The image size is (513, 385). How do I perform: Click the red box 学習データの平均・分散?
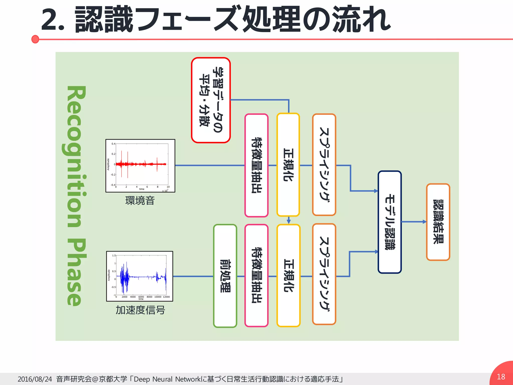tap(211, 100)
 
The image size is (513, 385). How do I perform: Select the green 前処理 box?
tap(225, 276)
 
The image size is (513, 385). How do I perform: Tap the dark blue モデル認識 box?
tap(390, 222)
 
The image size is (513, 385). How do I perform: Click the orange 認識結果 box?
tap(438, 222)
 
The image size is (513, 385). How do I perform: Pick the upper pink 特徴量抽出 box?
tap(256, 165)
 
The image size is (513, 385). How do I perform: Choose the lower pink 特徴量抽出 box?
tap(256, 275)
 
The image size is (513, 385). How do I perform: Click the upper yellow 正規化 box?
tap(288, 165)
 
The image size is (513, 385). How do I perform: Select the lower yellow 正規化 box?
tap(288, 275)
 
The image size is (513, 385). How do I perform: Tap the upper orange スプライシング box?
tap(324, 165)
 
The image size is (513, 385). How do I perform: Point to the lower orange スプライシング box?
tap(324, 274)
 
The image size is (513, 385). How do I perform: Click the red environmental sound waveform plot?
tap(140, 166)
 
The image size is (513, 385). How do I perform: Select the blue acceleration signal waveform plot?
tap(140, 276)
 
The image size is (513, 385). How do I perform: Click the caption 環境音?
tap(140, 201)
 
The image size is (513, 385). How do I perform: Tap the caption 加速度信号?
tap(140, 310)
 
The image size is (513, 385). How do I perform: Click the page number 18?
tap(501, 376)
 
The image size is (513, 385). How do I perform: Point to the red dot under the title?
tap(35, 39)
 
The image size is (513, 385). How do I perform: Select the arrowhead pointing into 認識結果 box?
tap(424, 222)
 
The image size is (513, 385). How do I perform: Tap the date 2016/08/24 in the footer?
tap(35, 379)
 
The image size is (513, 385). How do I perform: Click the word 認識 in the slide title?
tap(104, 20)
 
